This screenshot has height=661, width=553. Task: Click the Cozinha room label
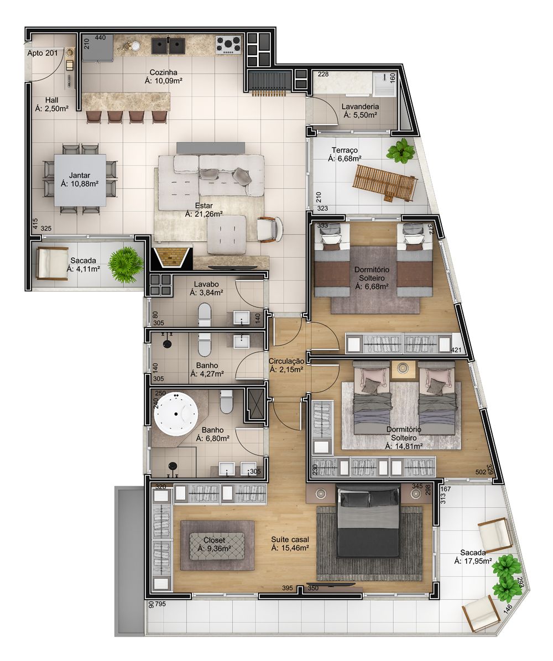click(x=163, y=72)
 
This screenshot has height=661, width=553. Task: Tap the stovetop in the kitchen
click(x=227, y=44)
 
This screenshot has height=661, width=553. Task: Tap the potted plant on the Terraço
click(x=400, y=151)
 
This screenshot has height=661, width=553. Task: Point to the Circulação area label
click(x=286, y=361)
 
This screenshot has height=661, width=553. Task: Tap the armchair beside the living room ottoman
click(x=269, y=228)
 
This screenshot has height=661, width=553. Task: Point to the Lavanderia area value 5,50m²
click(x=360, y=115)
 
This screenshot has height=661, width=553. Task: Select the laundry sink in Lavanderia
click(x=382, y=84)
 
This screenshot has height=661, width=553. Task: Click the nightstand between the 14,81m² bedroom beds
click(x=403, y=368)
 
